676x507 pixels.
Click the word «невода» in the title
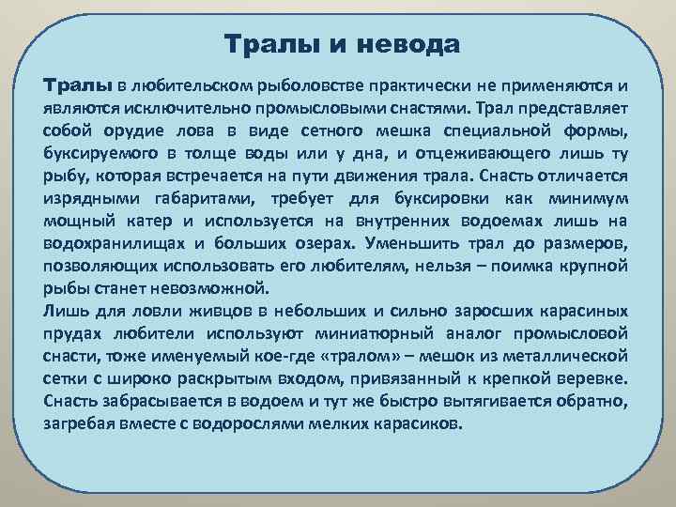click(x=412, y=43)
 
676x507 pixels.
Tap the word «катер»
click(x=156, y=222)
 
